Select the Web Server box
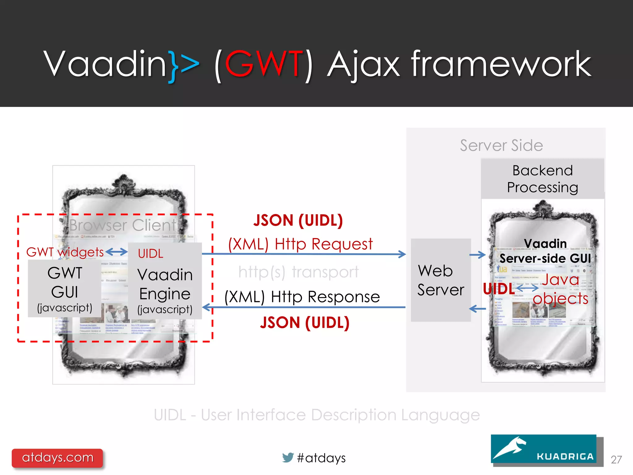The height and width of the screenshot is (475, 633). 440,280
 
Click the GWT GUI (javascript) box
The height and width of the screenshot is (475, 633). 65,289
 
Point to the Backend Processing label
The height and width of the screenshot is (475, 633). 542,179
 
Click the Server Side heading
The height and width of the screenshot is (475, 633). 501,145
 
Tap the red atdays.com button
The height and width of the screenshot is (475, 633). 57,458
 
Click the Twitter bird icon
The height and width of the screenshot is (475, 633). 288,457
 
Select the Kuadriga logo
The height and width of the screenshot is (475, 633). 544,449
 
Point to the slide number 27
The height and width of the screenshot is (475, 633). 616,460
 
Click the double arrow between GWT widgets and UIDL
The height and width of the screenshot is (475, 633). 117,252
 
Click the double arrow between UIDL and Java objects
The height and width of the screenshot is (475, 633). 527,288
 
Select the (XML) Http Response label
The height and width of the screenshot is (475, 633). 302,297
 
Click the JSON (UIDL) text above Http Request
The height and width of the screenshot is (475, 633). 298,220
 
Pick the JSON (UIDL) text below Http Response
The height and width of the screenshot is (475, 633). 304,323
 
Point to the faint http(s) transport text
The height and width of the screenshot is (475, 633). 298,272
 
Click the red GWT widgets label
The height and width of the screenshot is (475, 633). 65,252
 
